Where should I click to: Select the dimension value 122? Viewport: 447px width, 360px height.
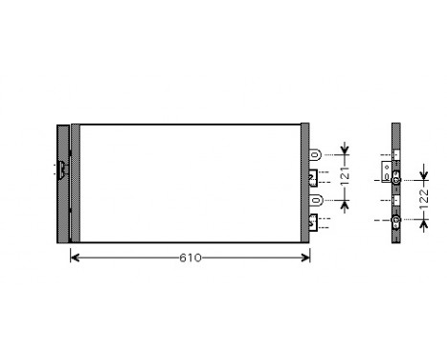tap(424, 200)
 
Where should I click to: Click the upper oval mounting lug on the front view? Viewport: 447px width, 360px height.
tap(317, 153)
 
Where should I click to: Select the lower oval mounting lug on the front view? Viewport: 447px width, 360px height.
tap(317, 200)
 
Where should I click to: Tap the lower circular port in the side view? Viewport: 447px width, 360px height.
tap(395, 222)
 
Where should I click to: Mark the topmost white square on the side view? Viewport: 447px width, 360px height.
tap(395, 153)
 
